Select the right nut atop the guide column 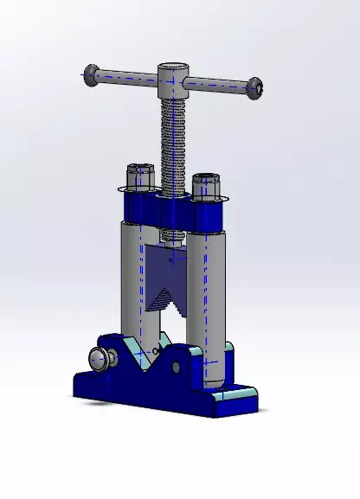coord(206,185)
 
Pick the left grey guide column coord(132,277)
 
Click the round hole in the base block coord(176,368)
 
